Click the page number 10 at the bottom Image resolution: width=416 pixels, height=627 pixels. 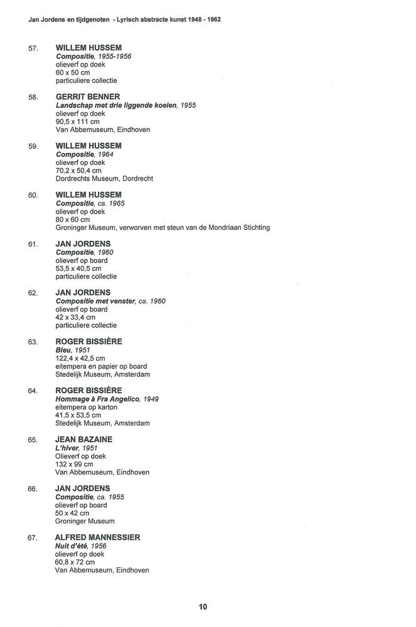point(203,606)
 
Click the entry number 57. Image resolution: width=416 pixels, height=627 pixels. point(34,48)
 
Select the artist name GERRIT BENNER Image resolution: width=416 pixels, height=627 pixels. point(87,97)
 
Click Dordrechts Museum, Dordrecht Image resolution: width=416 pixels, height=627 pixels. point(104,179)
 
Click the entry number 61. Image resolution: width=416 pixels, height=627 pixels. point(34,244)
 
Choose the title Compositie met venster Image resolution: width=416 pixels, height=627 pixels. point(95,301)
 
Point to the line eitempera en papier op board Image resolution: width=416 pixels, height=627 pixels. point(102,366)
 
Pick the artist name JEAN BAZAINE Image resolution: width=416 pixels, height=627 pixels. point(83,440)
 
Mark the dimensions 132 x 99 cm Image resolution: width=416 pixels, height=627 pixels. point(74,465)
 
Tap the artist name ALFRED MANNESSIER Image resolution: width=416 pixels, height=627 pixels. point(97,537)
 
